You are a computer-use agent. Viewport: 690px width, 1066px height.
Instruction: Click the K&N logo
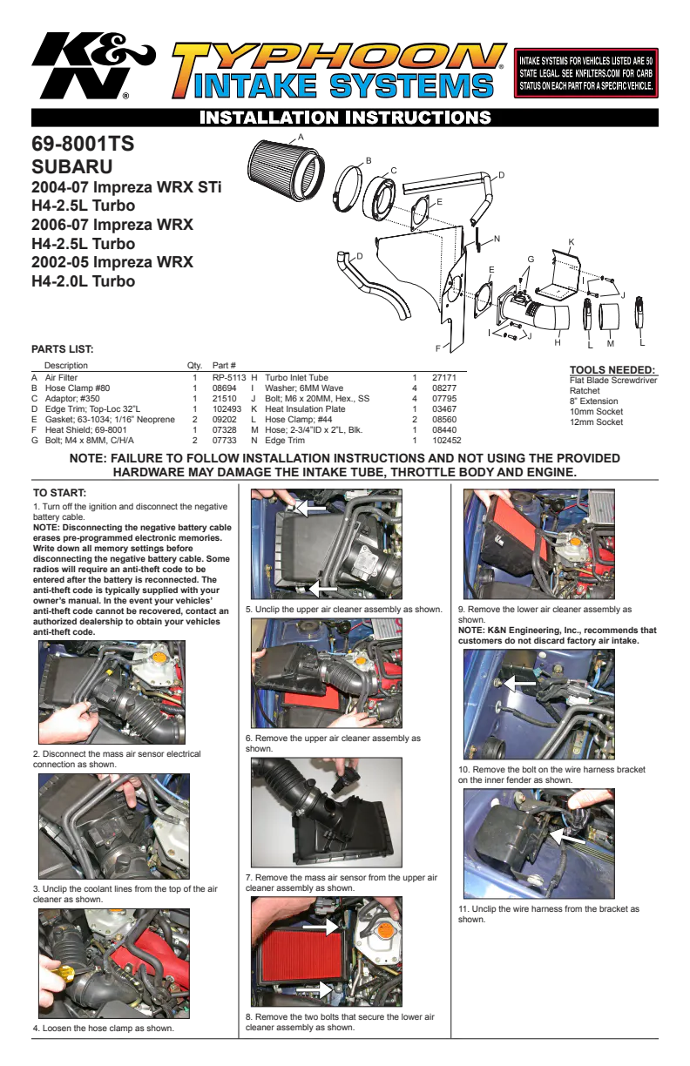[x=93, y=65]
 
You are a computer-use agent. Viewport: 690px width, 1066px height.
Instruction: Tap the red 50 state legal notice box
[x=585, y=73]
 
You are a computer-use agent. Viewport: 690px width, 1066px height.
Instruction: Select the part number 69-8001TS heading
[x=83, y=144]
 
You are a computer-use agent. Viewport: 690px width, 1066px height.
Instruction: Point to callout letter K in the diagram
[x=572, y=242]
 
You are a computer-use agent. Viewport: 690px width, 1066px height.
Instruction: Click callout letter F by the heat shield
[x=437, y=349]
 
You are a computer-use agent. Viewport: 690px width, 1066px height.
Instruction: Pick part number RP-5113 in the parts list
[x=229, y=377]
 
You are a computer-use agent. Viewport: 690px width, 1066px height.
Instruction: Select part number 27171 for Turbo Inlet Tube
[x=444, y=377]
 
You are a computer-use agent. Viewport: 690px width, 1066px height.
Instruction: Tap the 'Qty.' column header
[x=195, y=366]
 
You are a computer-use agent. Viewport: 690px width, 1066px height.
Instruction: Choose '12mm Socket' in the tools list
[x=596, y=422]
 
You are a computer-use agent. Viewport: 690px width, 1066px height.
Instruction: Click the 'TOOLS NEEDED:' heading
[x=612, y=370]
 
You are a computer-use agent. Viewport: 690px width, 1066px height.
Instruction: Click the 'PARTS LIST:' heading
[x=63, y=349]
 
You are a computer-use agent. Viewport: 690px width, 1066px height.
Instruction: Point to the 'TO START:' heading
[x=59, y=493]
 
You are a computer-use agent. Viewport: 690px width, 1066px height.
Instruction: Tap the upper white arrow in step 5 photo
[x=310, y=508]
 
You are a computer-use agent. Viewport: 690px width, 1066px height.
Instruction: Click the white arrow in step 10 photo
[x=519, y=684]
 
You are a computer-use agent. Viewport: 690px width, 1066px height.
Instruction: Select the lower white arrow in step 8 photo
[x=315, y=989]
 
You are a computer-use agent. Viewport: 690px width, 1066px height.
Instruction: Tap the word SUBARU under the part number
[x=72, y=166]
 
